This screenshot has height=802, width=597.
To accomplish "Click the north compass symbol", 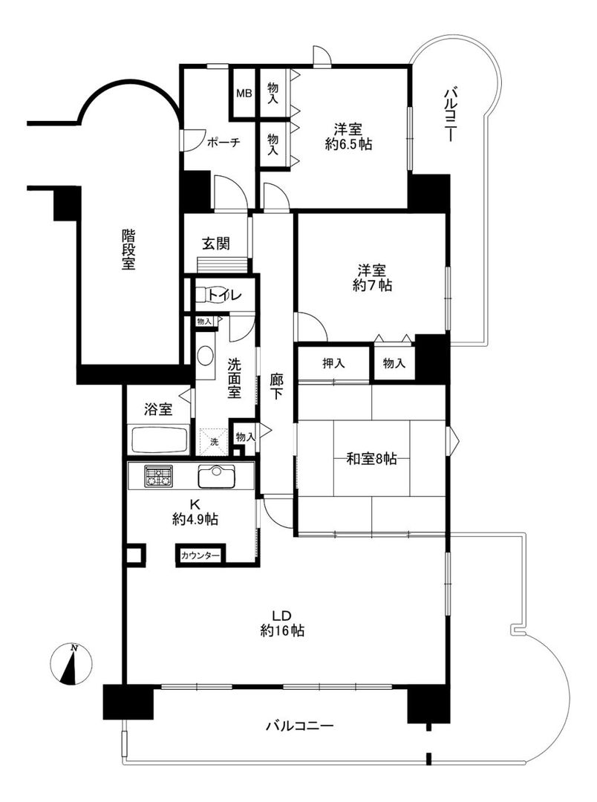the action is point(71,665).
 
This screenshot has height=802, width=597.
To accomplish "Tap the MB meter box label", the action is point(244,94).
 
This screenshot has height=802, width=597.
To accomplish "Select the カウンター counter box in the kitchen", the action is point(200,555).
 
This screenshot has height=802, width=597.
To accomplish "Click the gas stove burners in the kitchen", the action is point(158,476).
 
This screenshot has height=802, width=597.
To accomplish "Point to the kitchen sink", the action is point(217,476).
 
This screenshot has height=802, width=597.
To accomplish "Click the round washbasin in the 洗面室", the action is point(205,356).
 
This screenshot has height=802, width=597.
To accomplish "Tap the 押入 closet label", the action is point(333,363).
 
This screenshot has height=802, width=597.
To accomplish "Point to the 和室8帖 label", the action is point(371,458).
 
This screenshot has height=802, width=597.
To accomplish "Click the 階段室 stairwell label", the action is point(128,250).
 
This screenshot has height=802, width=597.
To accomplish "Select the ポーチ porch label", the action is point(224,143).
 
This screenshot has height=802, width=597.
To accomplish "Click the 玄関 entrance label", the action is point(216,244).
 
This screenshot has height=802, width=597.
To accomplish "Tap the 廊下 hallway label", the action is point(276,387).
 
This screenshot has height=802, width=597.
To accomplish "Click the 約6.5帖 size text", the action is point(348,144).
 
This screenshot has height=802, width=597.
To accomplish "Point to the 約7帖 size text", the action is point(373,285).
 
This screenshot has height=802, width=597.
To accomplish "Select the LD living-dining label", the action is point(282,614).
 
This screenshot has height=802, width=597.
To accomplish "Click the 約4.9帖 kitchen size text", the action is point(195,520).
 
